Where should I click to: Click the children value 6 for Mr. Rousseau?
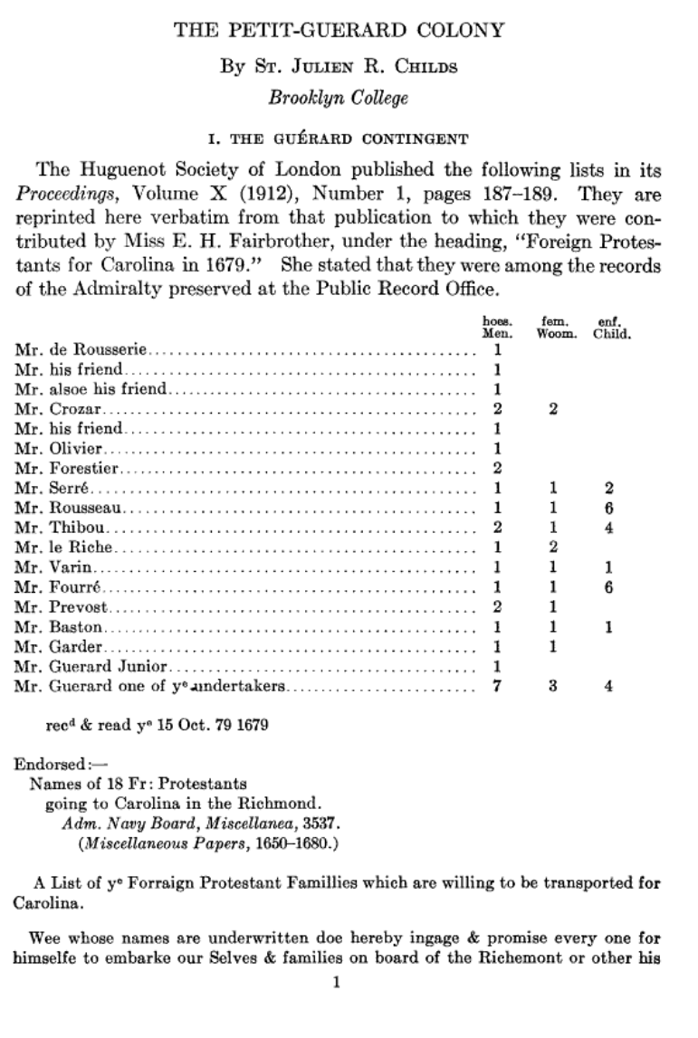pyautogui.click(x=609, y=507)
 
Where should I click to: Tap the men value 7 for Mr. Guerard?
pyautogui.click(x=497, y=686)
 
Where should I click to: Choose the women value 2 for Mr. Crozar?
pyautogui.click(x=552, y=408)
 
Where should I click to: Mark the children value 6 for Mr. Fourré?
pyautogui.click(x=609, y=586)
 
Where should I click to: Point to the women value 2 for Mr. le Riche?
pyautogui.click(x=552, y=547)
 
